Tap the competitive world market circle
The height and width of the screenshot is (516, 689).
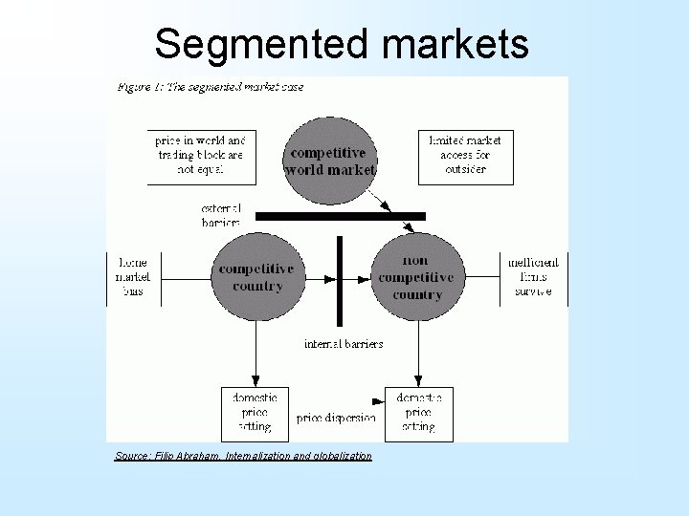click(x=330, y=161)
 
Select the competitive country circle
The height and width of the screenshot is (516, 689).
click(x=256, y=277)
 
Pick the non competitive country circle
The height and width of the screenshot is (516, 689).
click(x=416, y=277)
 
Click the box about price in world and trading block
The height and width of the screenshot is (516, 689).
click(x=202, y=155)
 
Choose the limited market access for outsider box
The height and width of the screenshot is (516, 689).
click(x=466, y=155)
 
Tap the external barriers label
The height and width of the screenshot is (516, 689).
click(x=221, y=215)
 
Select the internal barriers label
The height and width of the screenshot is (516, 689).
click(x=344, y=344)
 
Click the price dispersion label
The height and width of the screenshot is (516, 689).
click(x=335, y=418)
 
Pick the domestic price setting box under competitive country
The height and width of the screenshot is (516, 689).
click(x=255, y=411)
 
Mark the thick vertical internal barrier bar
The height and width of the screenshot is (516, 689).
click(x=339, y=280)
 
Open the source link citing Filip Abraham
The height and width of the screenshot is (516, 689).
click(x=243, y=456)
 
